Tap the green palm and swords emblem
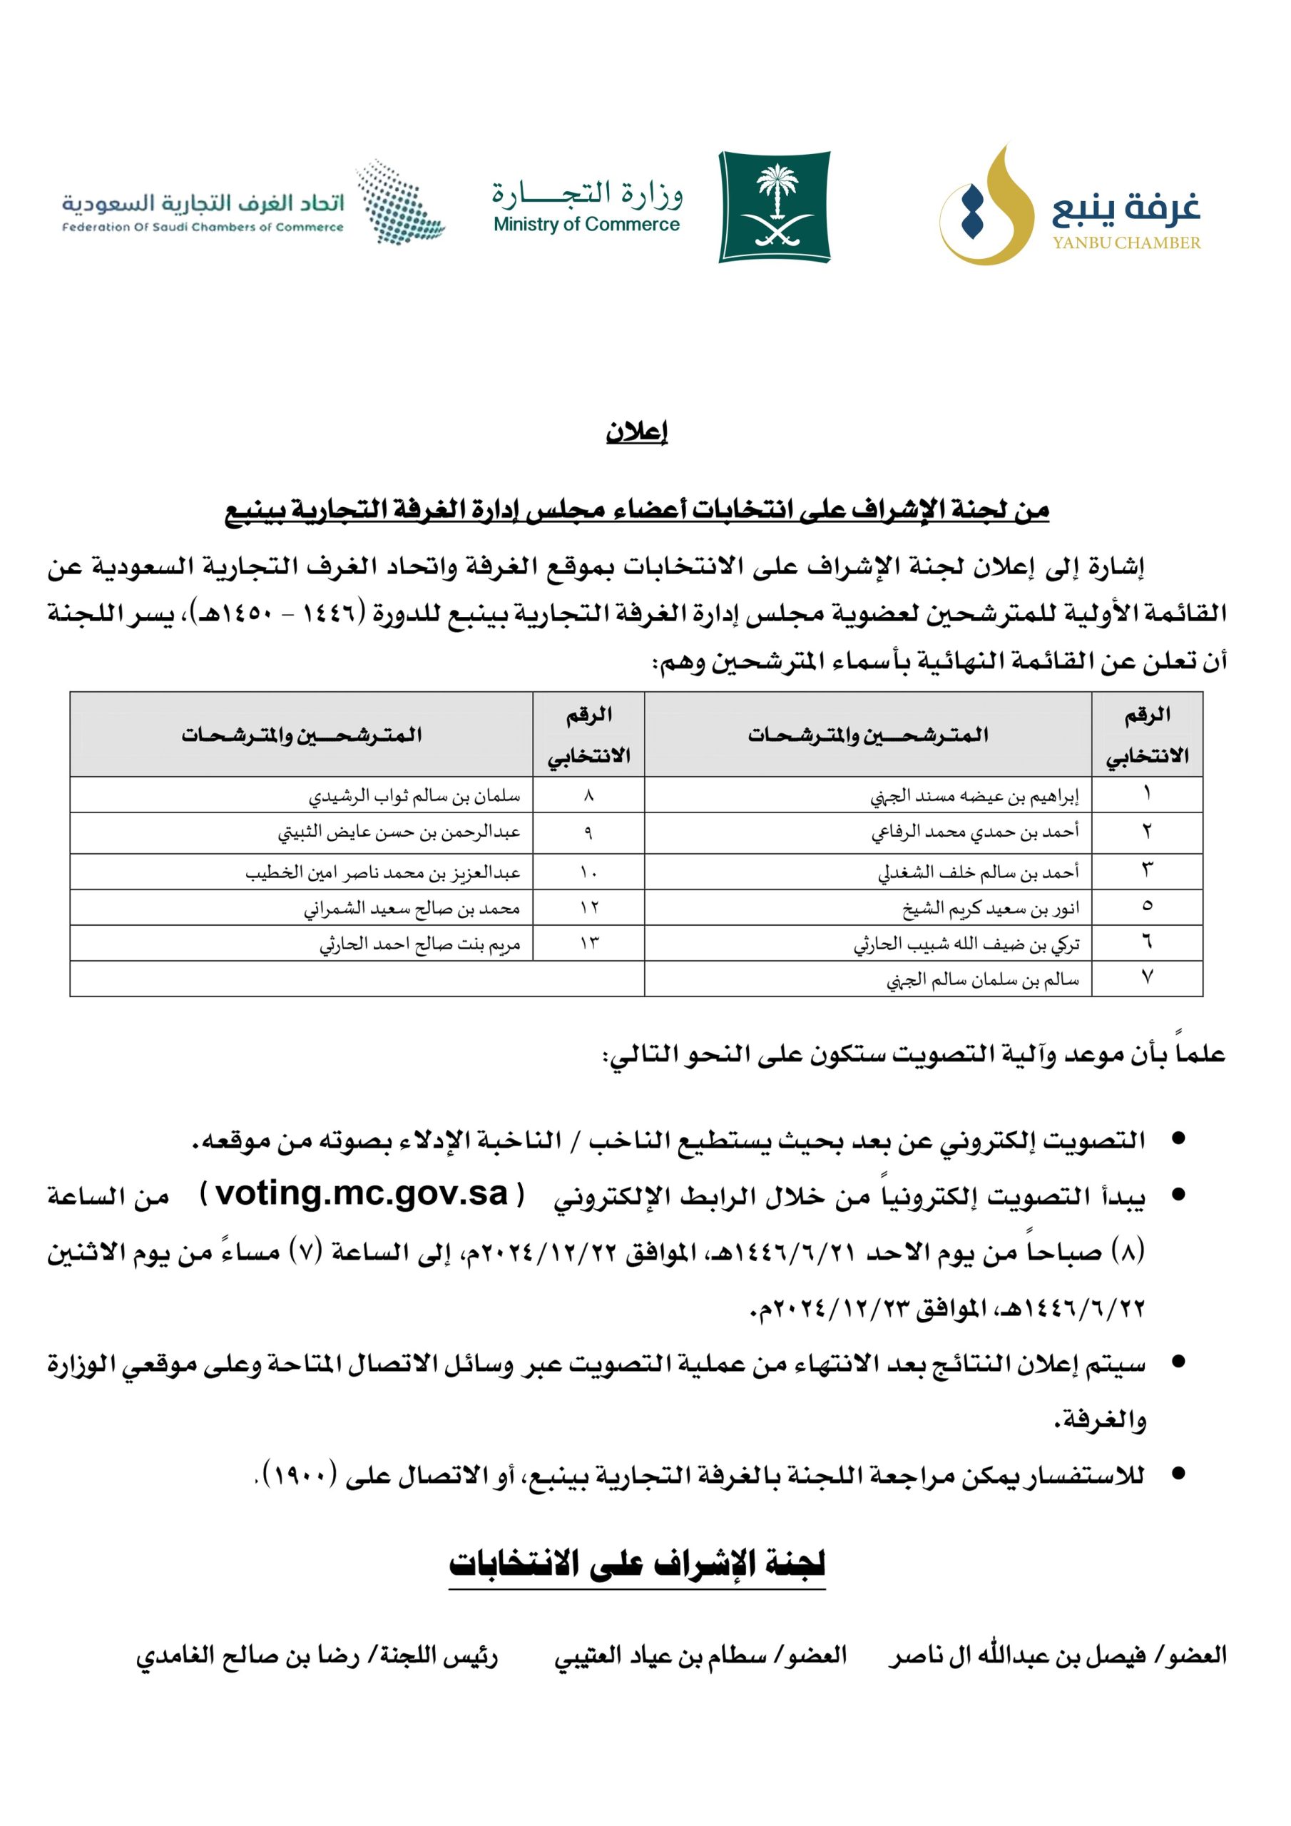tap(774, 206)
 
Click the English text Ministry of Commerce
tap(586, 225)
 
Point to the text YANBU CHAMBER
tap(1126, 243)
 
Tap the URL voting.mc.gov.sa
tap(362, 1194)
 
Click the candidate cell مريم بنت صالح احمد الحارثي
tap(420, 944)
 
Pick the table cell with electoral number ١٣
tap(588, 944)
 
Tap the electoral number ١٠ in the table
tap(588, 872)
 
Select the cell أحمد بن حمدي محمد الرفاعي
tap(974, 832)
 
